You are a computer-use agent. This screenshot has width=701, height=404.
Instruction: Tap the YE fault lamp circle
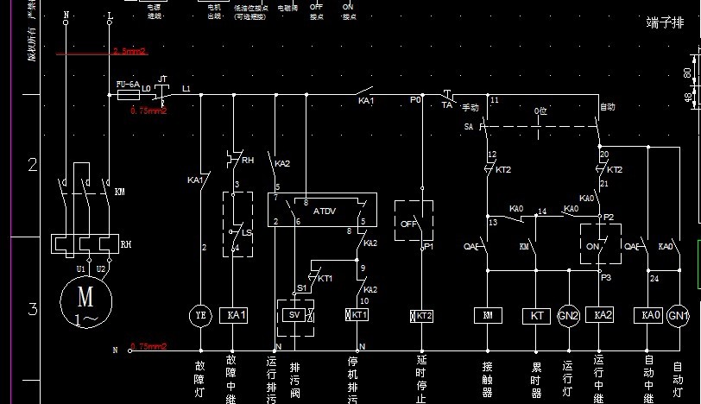coord(200,316)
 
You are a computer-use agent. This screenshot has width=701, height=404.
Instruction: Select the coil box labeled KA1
coord(236,316)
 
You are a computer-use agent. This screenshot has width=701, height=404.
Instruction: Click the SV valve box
coord(294,316)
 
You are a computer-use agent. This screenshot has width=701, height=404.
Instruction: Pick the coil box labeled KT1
coord(357,316)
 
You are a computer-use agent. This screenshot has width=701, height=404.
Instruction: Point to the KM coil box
coord(488,316)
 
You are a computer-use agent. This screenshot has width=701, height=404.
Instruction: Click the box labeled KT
coord(536,316)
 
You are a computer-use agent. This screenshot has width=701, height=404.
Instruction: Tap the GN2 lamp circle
coord(568,316)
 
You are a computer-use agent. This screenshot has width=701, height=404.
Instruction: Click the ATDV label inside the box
coord(325,211)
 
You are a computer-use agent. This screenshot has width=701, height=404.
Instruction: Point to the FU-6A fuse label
coord(128,84)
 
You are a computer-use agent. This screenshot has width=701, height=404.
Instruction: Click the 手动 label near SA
coord(470,108)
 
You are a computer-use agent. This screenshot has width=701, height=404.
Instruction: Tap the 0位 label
coord(540,111)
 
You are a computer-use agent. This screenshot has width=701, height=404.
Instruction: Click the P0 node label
coord(415,100)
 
